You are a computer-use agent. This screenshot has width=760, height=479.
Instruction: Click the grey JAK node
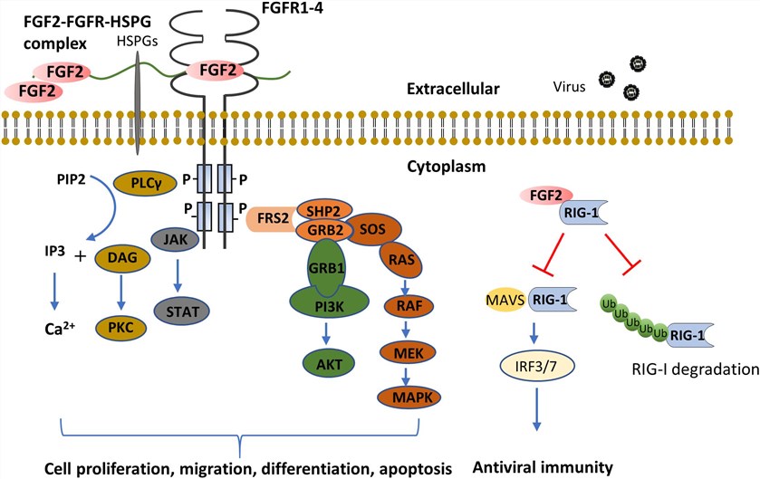coord(170,240)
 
